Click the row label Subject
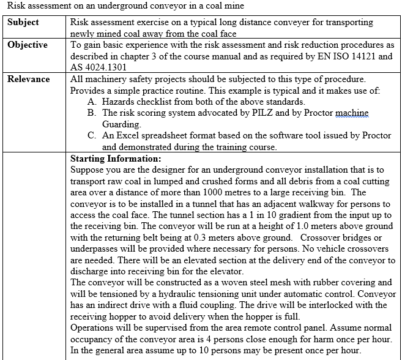pos(23,22)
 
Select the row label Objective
pos(28,45)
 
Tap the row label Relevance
pos(29,79)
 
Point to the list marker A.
pos(91,102)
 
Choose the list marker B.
pos(91,113)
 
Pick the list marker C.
pos(91,136)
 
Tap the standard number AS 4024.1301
pos(98,67)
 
